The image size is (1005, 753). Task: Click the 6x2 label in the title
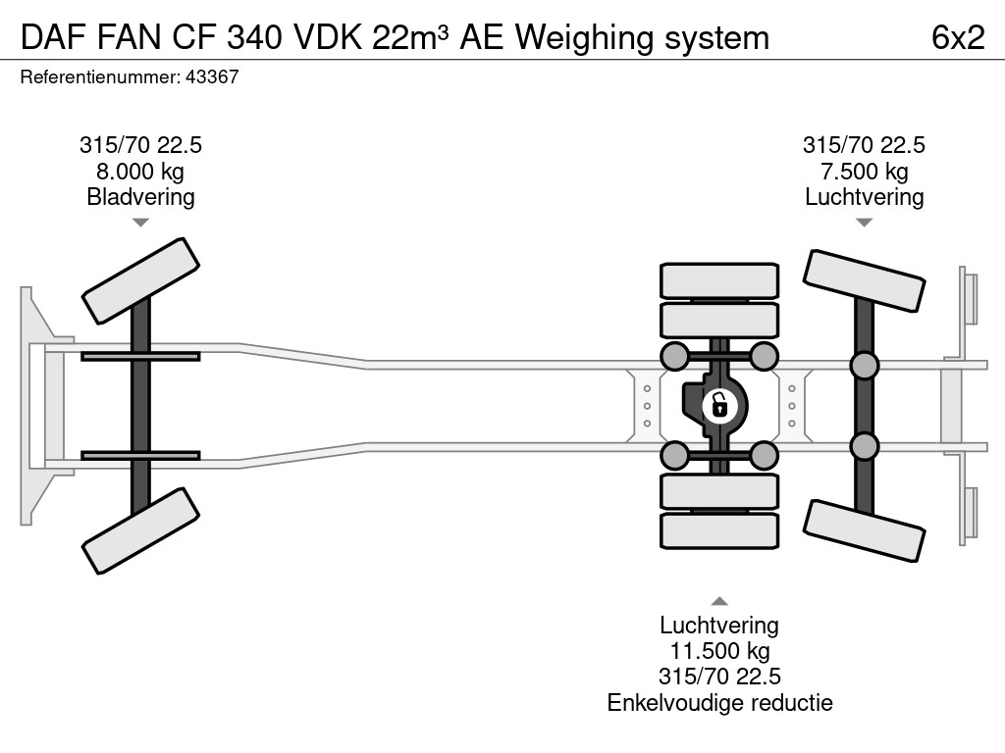[x=958, y=37]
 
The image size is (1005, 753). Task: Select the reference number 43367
[x=211, y=77]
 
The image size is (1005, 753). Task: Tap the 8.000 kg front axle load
[x=140, y=171]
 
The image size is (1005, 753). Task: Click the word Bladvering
[x=140, y=196]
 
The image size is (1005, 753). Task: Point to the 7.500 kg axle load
[x=864, y=171]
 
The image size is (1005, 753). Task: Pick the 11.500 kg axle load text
[x=718, y=651]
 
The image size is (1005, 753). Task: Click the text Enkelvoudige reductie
[x=718, y=702]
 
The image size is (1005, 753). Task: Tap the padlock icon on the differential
[x=719, y=404]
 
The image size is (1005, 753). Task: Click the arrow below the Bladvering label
[x=140, y=223]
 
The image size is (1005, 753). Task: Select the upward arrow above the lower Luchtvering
[x=719, y=601]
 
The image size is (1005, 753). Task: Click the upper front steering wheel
[x=140, y=280]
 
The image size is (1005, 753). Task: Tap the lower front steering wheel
[x=140, y=530]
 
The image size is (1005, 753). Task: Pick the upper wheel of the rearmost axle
[x=864, y=280]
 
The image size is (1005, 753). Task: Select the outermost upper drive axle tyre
[x=719, y=280]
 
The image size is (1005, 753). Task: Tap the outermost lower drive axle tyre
[x=719, y=530]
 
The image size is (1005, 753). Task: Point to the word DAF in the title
[x=50, y=37]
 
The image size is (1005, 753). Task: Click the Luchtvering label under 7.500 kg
[x=864, y=196]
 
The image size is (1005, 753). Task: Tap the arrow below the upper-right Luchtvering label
[x=864, y=223]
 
